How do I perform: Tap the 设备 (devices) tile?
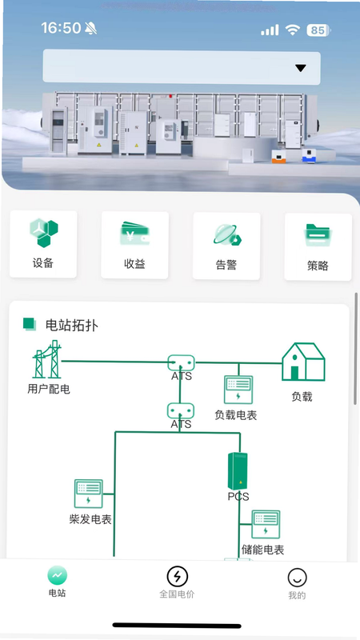point(43,244)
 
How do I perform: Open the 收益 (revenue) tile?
point(134,246)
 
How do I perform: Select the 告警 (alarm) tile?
point(226,246)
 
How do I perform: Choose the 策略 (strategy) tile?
point(318,247)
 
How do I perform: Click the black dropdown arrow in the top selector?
point(301,68)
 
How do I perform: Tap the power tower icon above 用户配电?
point(47,359)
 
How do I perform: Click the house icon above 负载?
point(303,362)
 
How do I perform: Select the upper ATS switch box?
point(182,362)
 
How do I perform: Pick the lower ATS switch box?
point(181,410)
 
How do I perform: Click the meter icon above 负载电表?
point(238,390)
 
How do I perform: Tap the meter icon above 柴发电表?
point(88,494)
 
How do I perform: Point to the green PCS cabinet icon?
point(238,471)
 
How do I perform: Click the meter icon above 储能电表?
point(266,525)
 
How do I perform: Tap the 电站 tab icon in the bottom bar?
point(57,575)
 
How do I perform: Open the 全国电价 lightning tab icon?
point(177,576)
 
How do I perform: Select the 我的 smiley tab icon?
point(297,578)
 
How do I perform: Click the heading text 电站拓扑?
point(72,326)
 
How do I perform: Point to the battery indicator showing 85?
point(318,30)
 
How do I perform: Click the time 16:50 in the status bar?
point(62,28)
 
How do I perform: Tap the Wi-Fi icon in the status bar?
point(293,30)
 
